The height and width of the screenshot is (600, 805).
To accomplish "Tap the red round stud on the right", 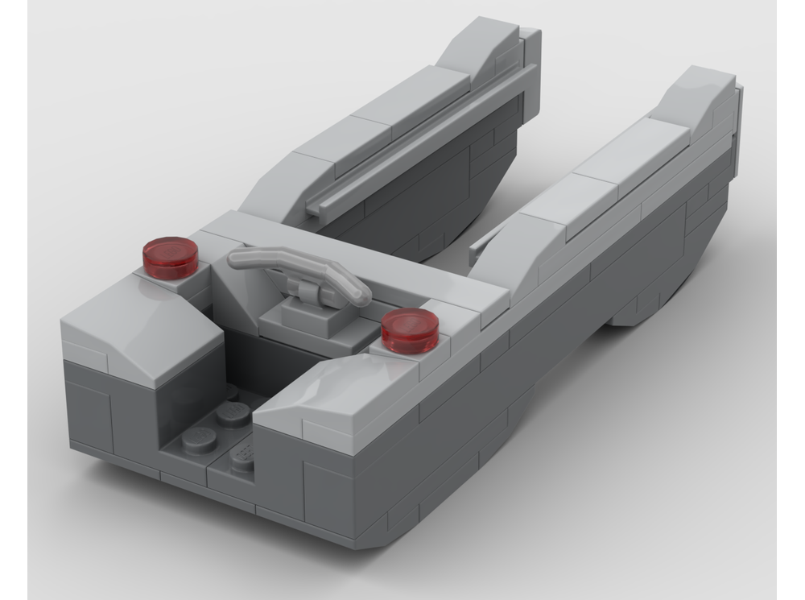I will [x=410, y=330].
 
